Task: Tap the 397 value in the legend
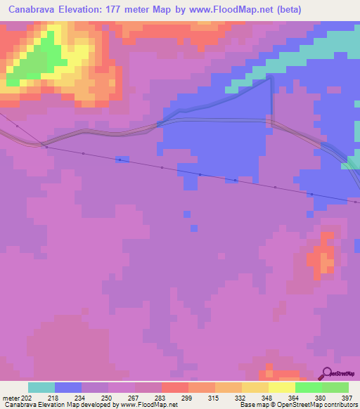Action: tap(346, 398)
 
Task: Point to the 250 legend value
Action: tap(107, 398)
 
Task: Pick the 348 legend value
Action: tap(266, 398)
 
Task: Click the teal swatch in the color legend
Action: tap(41, 387)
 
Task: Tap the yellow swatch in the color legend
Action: tap(281, 387)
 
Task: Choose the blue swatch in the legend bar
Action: tap(68, 387)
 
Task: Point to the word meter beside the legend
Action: tap(11, 398)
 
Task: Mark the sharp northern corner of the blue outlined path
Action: tap(271, 79)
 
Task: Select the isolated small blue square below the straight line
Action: tap(186, 214)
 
